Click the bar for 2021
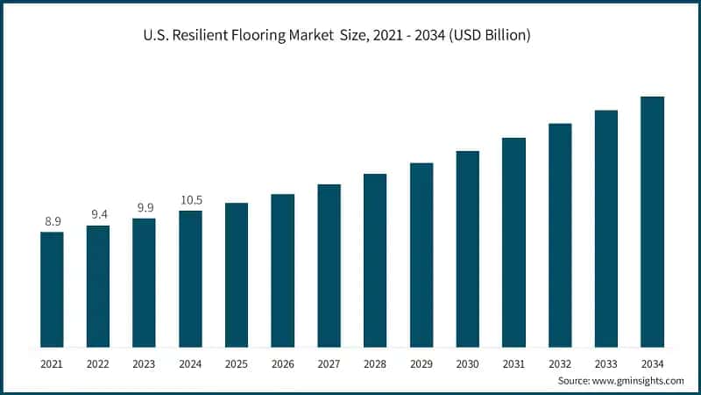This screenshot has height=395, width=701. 52,290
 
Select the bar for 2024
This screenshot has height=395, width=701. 190,279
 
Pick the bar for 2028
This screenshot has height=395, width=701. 375,261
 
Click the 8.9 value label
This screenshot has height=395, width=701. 53,221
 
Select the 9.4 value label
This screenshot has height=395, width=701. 98,214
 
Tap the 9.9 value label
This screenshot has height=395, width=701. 144,207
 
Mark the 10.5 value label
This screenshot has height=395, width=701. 190,199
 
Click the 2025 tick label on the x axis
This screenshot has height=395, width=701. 237,363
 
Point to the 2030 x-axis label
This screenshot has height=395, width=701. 468,363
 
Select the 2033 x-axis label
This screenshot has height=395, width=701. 606,363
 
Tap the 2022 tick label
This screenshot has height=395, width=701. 98,363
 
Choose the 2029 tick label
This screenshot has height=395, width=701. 421,363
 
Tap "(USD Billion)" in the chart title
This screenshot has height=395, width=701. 485,37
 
